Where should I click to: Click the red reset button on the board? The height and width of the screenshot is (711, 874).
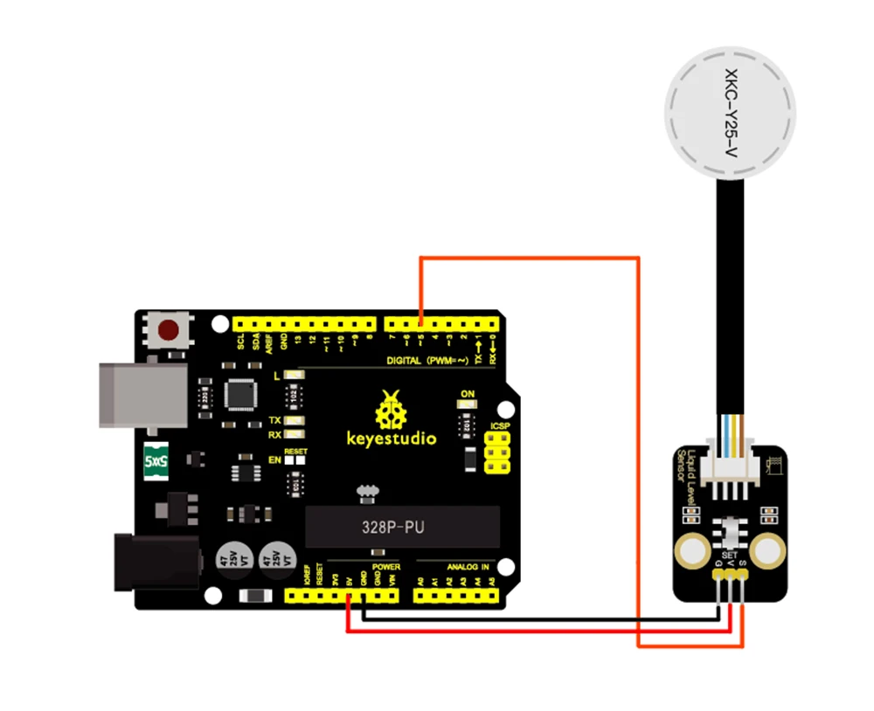170,330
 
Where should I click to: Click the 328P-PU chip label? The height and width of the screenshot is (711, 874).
395,527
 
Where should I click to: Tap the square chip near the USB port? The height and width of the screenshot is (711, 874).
238,394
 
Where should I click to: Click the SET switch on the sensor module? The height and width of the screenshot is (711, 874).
727,533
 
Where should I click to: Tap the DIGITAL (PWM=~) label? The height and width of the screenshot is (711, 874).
428,360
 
